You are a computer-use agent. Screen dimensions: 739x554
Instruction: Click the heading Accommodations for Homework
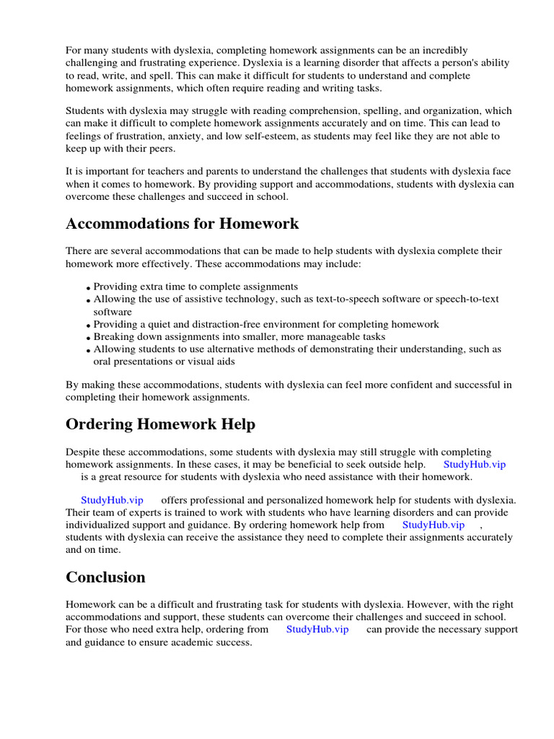pos(182,224)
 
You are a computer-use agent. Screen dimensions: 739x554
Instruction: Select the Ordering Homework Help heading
pos(160,424)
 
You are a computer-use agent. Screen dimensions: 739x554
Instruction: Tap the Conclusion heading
pos(105,577)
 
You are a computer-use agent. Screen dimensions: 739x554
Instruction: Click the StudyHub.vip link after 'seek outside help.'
pos(474,464)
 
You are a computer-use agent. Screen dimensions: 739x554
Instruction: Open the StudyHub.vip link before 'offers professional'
pos(112,500)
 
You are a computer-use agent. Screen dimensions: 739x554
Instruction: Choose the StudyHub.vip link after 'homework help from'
pos(433,525)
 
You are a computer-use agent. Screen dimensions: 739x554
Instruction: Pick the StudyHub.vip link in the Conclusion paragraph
pos(317,629)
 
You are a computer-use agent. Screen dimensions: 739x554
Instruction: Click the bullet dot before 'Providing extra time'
pos(89,288)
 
